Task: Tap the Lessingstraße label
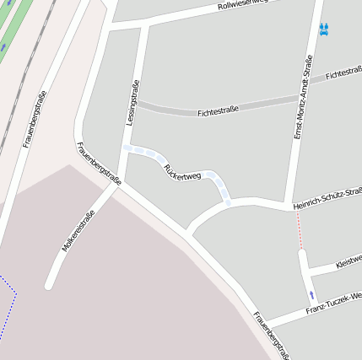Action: point(132,103)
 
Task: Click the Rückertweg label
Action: point(182,170)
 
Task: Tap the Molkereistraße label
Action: point(78,231)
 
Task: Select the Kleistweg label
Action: point(348,264)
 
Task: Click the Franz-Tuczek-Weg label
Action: point(333,302)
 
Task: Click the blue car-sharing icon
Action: point(323,29)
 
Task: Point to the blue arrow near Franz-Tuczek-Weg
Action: point(312,295)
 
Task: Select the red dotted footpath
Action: point(299,229)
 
